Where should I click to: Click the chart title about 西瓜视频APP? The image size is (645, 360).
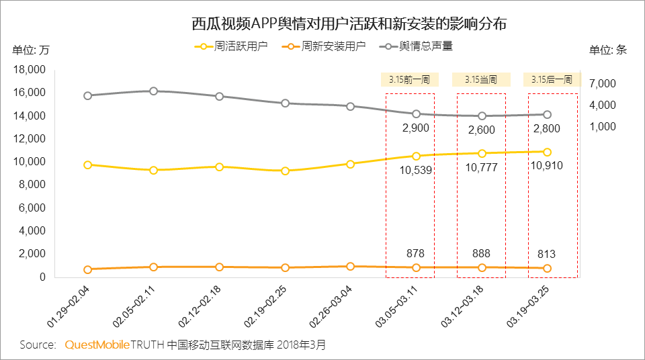tap(349, 24)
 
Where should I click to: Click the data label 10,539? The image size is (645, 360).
tap(416, 170)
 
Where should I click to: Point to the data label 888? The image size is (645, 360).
tap(481, 254)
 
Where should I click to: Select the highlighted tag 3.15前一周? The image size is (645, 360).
tap(409, 80)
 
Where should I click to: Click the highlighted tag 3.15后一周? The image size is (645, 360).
tap(551, 80)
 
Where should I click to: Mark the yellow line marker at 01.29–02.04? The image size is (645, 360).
tap(88, 165)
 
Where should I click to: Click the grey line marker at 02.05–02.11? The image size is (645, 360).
tap(154, 91)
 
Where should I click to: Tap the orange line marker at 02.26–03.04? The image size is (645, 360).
tap(350, 266)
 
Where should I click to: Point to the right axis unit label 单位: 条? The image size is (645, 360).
tap(608, 50)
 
